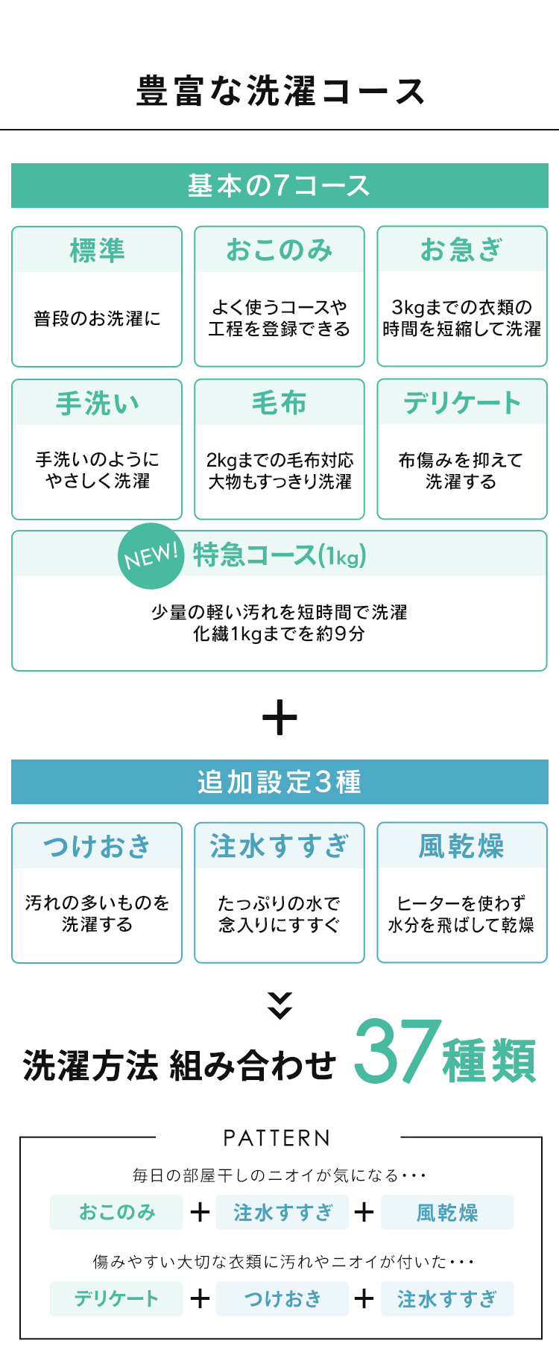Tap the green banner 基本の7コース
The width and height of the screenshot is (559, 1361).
(x=279, y=186)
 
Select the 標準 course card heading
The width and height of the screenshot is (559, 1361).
(x=97, y=250)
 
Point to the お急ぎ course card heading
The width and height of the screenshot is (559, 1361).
(x=462, y=250)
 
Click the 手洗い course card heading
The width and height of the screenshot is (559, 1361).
(x=97, y=403)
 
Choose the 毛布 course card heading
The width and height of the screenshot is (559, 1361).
(x=279, y=403)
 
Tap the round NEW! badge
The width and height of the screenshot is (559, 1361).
(x=151, y=556)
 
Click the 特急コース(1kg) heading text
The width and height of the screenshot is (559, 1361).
(x=279, y=555)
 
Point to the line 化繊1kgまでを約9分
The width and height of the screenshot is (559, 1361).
(x=279, y=634)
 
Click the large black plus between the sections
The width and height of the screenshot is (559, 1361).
(x=279, y=718)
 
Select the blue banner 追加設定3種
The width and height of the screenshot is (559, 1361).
(x=279, y=782)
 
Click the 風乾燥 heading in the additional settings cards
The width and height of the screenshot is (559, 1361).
(x=462, y=847)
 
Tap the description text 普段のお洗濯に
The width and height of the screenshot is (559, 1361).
(x=97, y=319)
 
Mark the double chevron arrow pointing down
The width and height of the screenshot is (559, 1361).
(x=279, y=1005)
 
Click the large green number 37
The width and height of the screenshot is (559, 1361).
(x=397, y=1052)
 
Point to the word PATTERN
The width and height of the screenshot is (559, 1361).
(x=277, y=1138)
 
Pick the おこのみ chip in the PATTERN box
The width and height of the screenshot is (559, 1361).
(x=116, y=1212)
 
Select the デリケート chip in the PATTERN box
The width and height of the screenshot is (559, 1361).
(x=116, y=1298)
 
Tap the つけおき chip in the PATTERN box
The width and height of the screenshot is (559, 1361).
(x=282, y=1298)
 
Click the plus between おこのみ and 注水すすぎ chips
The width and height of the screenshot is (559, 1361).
(x=200, y=1212)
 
